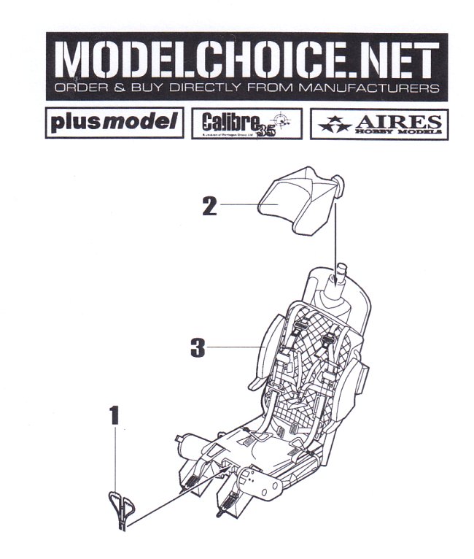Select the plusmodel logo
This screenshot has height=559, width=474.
(114, 123)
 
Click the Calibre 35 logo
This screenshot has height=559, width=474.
(246, 124)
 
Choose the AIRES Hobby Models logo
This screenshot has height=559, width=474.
(379, 124)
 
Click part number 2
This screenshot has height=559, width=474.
(210, 207)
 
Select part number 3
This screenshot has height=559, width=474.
(196, 347)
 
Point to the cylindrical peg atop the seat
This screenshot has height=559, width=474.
(338, 281)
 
